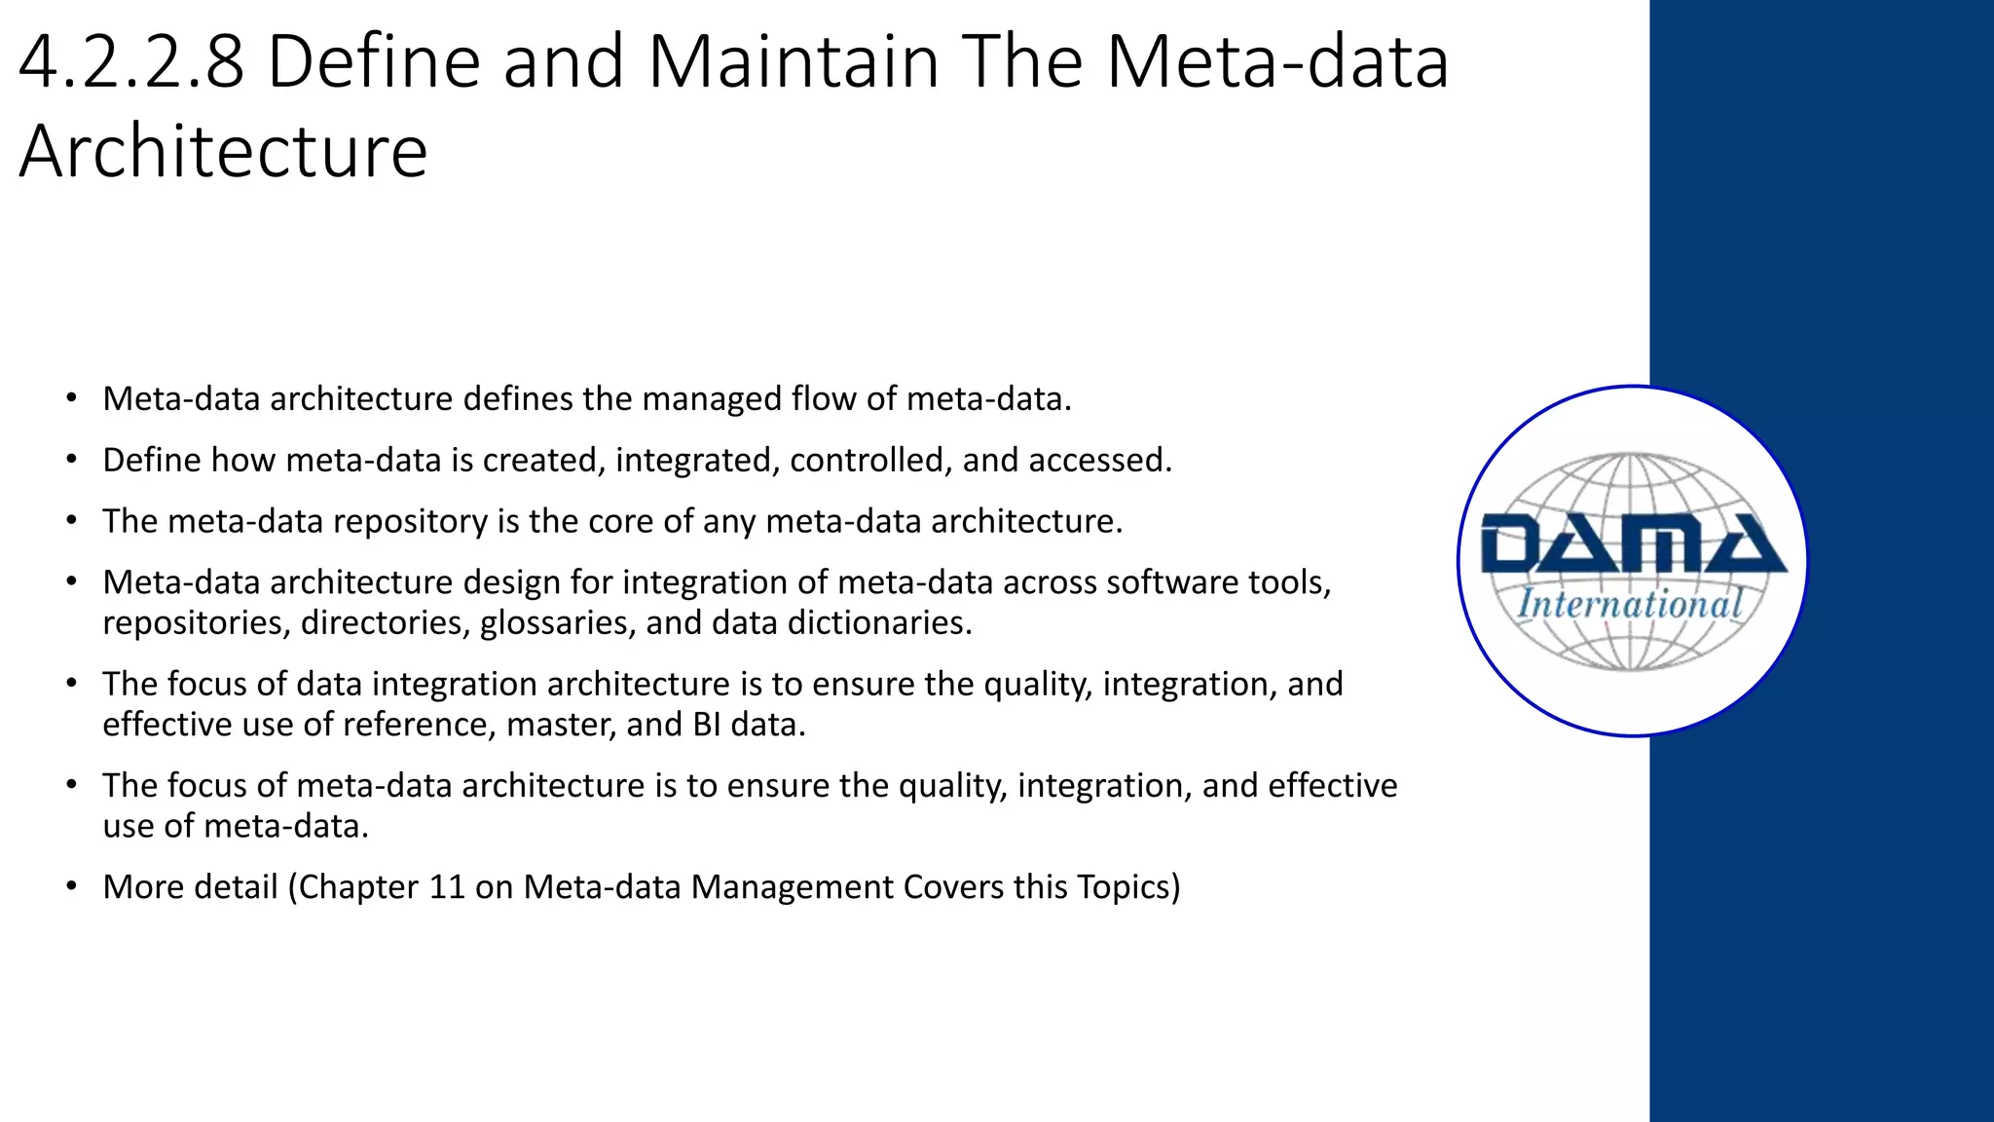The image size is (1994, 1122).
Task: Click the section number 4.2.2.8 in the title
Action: pos(131,62)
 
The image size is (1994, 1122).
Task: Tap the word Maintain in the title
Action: pos(793,62)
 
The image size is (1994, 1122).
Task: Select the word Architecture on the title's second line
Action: pos(223,152)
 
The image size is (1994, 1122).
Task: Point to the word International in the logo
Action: pos(1630,604)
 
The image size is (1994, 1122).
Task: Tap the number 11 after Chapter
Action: pos(447,887)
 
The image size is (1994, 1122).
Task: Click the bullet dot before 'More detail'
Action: pos(71,886)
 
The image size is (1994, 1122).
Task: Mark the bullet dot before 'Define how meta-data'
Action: pos(71,460)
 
